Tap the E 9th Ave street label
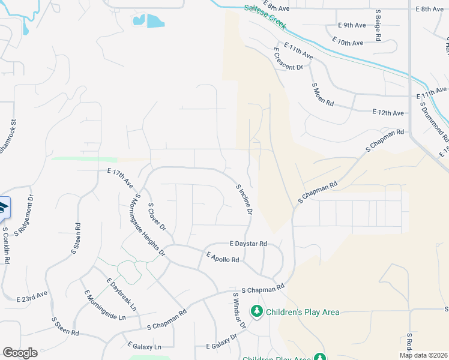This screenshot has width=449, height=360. [x=351, y=25]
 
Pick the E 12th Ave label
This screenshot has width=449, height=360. [x=387, y=112]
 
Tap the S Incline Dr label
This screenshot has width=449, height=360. [x=244, y=200]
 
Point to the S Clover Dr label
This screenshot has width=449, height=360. [x=156, y=218]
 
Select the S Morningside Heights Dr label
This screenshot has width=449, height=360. [x=149, y=226]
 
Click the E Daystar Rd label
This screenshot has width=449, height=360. [x=247, y=244]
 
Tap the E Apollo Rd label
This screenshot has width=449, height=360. [x=223, y=257]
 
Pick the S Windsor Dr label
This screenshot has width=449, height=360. [x=240, y=310]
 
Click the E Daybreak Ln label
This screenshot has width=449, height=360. [x=122, y=294]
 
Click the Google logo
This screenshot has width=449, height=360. [x=20, y=352]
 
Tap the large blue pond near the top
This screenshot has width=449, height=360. [x=155, y=21]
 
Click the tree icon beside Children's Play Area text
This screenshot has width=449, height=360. [x=257, y=311]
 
